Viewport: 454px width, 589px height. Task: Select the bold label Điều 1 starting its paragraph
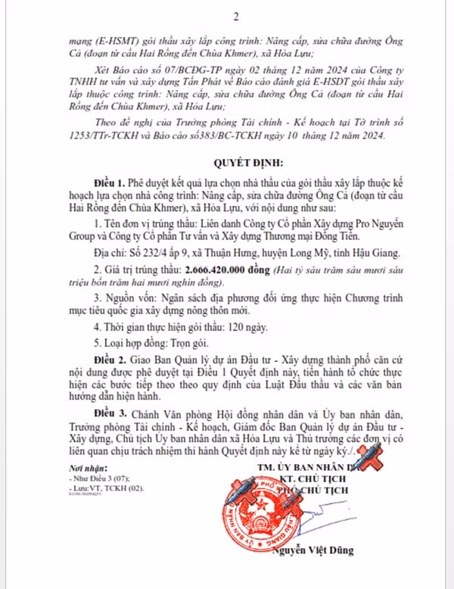tap(110, 183)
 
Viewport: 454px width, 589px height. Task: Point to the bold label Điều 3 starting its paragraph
tap(110, 416)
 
